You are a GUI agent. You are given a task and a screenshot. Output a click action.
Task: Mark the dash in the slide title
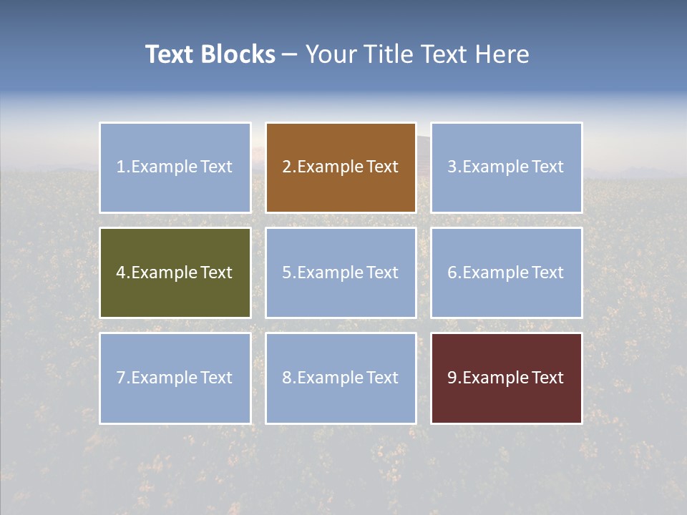point(290,54)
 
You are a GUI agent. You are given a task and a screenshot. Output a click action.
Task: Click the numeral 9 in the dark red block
point(452,378)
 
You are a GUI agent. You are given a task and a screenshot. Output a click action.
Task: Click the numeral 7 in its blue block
point(121,378)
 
